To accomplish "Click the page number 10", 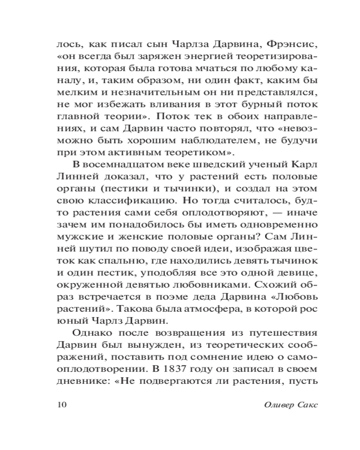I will [x=62, y=404].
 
